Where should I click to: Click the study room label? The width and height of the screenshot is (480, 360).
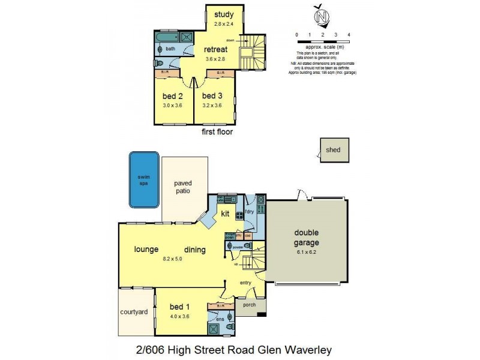point(224,14)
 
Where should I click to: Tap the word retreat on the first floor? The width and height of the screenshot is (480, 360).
point(214,49)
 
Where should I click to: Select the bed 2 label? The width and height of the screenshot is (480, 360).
point(172,96)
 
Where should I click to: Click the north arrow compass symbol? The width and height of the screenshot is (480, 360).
point(323,16)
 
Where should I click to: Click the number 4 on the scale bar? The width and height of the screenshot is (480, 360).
point(349,35)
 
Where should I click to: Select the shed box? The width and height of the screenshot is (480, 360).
point(333,150)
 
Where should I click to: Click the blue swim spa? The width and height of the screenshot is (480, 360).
point(144,179)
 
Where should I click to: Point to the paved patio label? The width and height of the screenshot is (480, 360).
point(182,187)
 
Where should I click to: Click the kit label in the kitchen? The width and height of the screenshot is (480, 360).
point(226,214)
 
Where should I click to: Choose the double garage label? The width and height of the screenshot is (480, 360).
point(307,238)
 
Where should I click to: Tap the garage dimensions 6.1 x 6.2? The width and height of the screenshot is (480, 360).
point(307,252)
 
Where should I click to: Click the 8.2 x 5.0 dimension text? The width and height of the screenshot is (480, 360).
point(172,259)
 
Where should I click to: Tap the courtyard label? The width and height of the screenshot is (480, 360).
point(135,312)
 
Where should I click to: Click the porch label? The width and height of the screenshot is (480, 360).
point(250,305)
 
